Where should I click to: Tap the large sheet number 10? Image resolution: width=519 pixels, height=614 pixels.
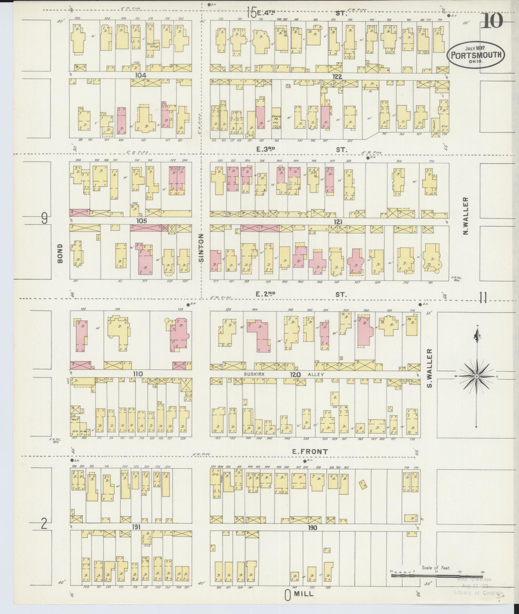coord(493,21)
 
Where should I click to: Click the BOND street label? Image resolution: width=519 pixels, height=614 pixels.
coord(61,253)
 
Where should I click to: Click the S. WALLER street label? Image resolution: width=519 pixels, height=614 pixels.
coord(430,368)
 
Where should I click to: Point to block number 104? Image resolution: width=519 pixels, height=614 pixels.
coord(141,76)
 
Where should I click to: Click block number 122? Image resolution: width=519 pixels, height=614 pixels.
coord(337,76)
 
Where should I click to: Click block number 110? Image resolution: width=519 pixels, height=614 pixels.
coord(138,374)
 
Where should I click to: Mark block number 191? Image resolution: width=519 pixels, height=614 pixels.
coord(136,528)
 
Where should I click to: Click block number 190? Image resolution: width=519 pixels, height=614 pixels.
coord(312,528)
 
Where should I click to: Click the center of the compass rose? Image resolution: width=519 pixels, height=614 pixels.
coord(476,376)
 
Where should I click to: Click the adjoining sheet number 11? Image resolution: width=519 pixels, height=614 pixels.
coord(483,299)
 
